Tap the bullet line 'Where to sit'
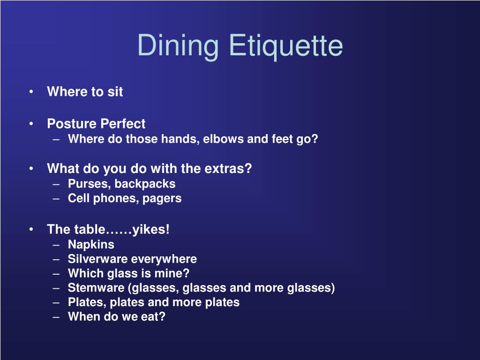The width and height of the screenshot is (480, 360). coord(85,92)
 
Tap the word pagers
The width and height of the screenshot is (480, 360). coord(162,198)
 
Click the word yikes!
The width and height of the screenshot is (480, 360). coord(151,230)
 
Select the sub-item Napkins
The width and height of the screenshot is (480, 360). coord(91,244)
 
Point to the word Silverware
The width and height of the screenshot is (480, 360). coord(98,259)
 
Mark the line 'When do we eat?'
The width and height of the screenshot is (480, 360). coord(117,316)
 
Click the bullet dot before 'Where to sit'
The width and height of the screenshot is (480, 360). coord(31,92)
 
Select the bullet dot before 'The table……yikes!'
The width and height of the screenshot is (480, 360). coord(31,230)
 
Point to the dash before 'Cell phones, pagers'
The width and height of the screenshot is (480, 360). coord(56,198)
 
